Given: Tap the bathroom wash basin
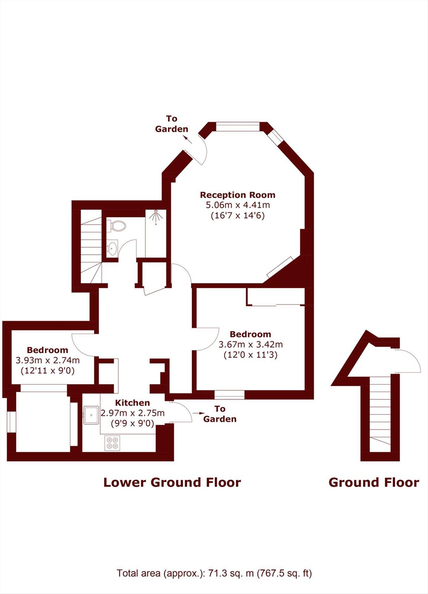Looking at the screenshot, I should pyautogui.click(x=112, y=248).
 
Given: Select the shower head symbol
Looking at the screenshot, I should pyautogui.click(x=155, y=216).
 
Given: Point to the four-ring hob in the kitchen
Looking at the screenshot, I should pyautogui.click(x=112, y=443).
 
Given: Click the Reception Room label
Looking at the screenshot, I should pyautogui.click(x=238, y=195).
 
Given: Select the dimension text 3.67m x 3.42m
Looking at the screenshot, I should pyautogui.click(x=250, y=345).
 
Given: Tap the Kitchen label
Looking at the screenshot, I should pyautogui.click(x=132, y=403).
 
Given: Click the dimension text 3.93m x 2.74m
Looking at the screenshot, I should pyautogui.click(x=47, y=361).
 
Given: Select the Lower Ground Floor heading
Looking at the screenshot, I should pyautogui.click(x=172, y=483).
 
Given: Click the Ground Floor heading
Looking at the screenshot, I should pyautogui.click(x=374, y=483).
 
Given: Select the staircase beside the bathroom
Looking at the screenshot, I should pyautogui.click(x=91, y=249).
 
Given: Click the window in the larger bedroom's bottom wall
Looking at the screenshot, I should pyautogui.click(x=229, y=394).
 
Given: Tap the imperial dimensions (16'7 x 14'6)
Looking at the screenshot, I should pyautogui.click(x=238, y=215).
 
